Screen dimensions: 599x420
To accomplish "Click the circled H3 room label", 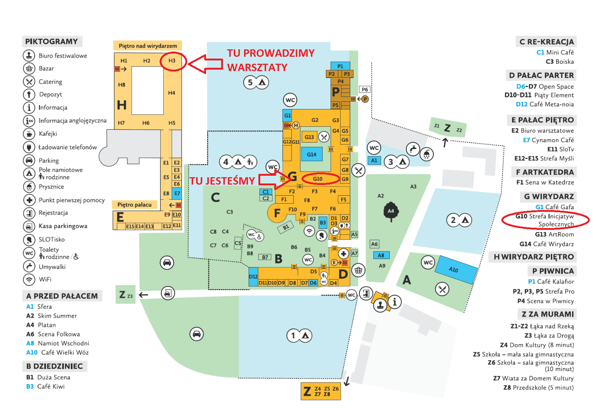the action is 172,61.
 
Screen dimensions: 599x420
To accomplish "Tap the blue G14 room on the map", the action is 311,154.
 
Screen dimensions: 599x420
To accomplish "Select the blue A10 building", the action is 456,269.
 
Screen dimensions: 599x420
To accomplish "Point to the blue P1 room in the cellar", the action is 340,66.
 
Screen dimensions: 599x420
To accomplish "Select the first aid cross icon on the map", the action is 344,253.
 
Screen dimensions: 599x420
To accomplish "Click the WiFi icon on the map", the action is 309,231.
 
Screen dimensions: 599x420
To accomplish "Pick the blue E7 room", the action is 177,193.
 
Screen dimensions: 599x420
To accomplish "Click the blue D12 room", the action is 253,277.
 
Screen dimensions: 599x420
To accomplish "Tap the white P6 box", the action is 365,90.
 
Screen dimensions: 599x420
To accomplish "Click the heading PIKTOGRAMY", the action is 52,41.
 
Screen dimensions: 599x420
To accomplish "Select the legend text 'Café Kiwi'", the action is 51,386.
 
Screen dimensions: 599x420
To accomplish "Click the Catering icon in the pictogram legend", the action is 29,81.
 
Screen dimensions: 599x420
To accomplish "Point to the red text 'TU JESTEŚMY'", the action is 222,181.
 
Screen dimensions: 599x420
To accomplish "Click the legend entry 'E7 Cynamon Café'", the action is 548,140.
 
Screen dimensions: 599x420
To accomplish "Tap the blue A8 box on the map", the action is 381,255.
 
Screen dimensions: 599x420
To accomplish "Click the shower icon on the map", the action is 426,154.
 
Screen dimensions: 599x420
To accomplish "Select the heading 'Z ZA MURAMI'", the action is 547,314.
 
